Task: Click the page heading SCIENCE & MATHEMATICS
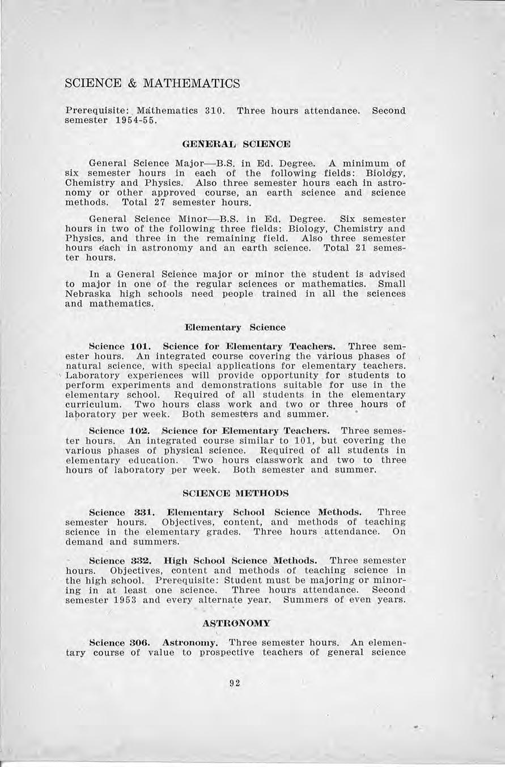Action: pyautogui.click(x=152, y=84)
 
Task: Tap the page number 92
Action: pyautogui.click(x=235, y=683)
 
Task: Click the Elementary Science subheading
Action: pyautogui.click(x=235, y=327)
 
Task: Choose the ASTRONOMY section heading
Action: pyautogui.click(x=236, y=623)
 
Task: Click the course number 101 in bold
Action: pyautogui.click(x=139, y=346)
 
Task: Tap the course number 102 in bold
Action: pyautogui.click(x=139, y=431)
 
